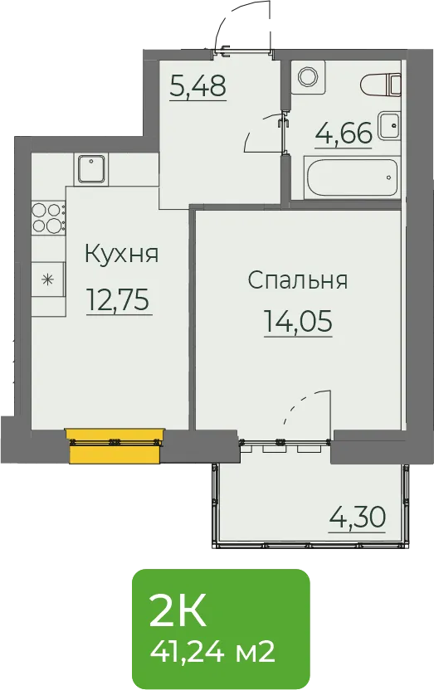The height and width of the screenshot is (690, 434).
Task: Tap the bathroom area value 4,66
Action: click(344, 133)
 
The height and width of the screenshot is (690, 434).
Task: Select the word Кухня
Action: click(121, 255)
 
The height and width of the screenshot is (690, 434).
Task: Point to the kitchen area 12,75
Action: click(119, 299)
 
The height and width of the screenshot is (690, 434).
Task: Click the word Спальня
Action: click(298, 279)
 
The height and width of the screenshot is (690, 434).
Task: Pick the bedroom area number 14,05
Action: click(298, 321)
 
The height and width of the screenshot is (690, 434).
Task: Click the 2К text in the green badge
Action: click(178, 612)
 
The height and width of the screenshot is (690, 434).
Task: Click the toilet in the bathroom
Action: click(382, 85)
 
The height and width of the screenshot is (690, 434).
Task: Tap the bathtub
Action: click(352, 177)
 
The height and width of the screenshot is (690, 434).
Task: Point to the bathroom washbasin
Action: click(390, 126)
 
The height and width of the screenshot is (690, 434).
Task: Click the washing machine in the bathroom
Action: click(307, 76)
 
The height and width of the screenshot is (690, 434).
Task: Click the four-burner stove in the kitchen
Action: click(47, 217)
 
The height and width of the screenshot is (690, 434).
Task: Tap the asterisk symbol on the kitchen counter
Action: click(48, 279)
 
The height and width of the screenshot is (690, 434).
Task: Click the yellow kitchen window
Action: click(115, 446)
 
